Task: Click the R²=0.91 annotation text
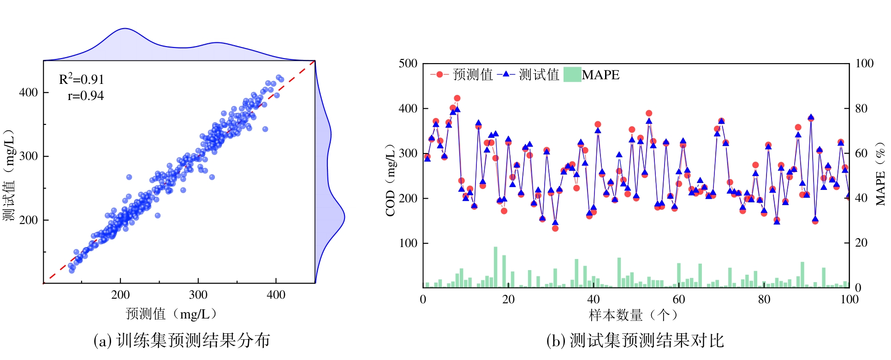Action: coord(82,79)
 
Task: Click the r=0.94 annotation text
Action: coord(86,96)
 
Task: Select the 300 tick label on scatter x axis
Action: coord(198,295)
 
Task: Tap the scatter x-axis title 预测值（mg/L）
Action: coord(171,314)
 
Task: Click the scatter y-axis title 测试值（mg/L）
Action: coord(10,175)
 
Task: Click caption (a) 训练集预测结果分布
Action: coord(182,341)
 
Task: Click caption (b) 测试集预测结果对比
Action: coord(635,341)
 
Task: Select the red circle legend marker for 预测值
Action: coord(439,74)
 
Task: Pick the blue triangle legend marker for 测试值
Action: coord(506,74)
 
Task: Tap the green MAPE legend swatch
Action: coord(572,74)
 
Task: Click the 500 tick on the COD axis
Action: coord(408,64)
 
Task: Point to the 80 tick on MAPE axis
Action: coord(861,109)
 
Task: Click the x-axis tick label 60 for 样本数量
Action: coord(679,300)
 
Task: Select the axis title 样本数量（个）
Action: coord(634,315)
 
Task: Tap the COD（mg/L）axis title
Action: coord(391,180)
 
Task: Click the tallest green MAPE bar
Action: coord(496,267)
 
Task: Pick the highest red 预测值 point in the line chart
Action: coord(457,98)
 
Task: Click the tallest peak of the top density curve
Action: coord(125,29)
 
